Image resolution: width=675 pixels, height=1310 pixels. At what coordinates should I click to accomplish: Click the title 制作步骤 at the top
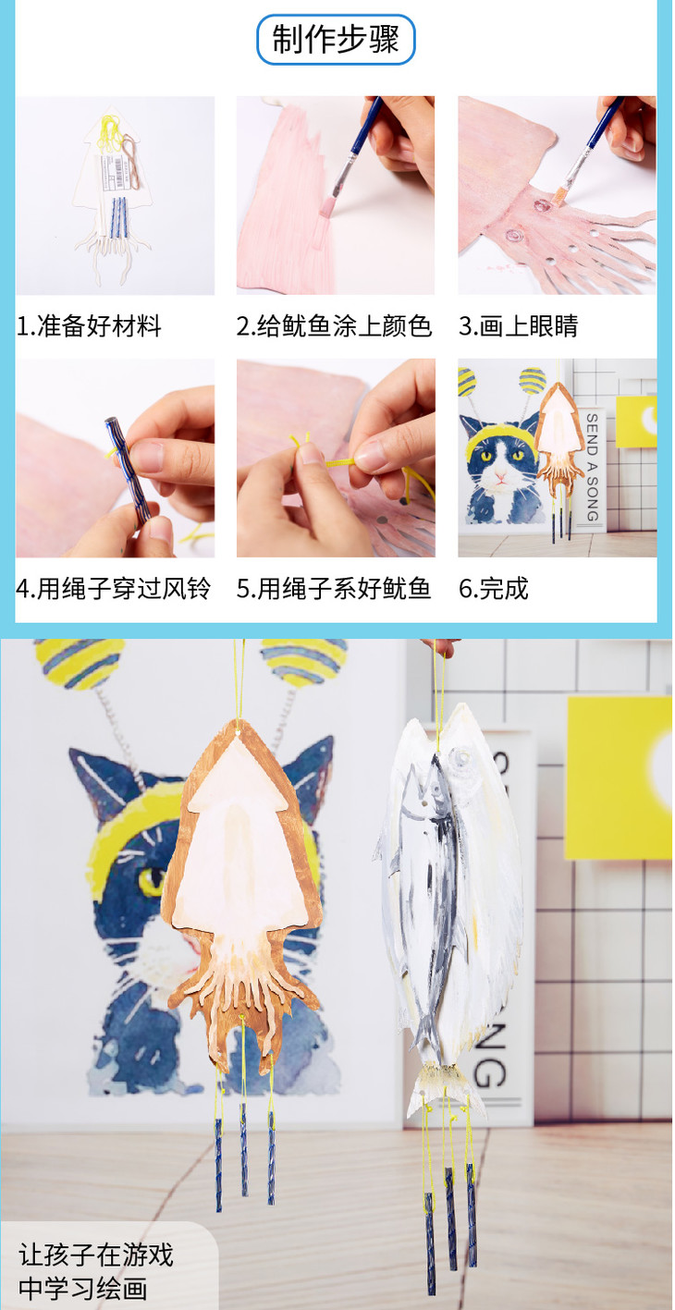click(x=336, y=39)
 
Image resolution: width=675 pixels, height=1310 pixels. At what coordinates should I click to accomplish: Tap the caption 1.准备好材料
click(x=89, y=325)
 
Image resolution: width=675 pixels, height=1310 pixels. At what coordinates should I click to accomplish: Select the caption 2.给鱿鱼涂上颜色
click(x=334, y=325)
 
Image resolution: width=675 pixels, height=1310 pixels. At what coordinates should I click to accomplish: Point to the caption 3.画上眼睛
click(x=518, y=325)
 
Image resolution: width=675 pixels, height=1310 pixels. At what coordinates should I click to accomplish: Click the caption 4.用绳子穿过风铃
click(x=113, y=588)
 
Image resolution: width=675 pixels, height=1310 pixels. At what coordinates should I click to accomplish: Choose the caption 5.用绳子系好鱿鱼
click(x=334, y=588)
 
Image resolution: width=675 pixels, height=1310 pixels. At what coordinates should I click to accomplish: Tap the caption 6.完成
click(x=493, y=588)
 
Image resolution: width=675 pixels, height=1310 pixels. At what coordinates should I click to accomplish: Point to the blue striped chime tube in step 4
click(x=129, y=469)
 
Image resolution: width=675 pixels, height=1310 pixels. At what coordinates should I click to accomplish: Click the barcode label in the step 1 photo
click(x=116, y=173)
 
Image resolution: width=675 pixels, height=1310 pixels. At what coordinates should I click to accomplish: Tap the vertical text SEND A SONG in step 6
click(x=592, y=467)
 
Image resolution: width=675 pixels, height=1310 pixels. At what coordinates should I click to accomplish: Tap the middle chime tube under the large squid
click(x=243, y=1150)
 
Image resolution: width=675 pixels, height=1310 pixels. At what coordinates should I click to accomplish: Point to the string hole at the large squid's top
click(x=239, y=732)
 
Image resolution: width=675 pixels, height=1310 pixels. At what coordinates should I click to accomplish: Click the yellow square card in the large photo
click(x=620, y=777)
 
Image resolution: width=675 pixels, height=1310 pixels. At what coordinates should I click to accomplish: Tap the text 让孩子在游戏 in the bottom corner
click(x=96, y=1255)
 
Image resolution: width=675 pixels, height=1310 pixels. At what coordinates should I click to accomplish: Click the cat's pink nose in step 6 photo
click(x=500, y=478)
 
